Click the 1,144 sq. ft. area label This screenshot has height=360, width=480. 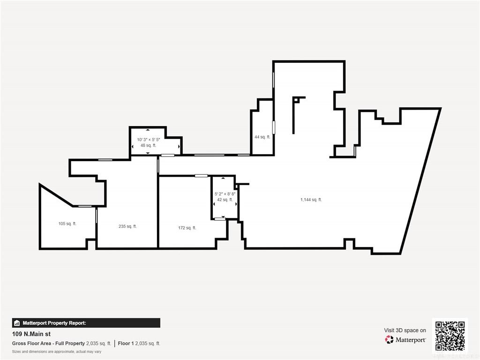tap(311, 200)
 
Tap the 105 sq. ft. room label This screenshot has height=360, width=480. tap(67, 224)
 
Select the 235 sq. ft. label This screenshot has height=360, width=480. tap(127, 226)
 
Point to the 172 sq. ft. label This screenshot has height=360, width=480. tap(187, 228)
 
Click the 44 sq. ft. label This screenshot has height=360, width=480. tap(262, 137)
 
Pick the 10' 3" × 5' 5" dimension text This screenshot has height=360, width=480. tap(149, 140)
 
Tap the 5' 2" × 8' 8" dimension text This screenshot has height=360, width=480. tap(225, 194)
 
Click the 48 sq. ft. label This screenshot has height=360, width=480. tap(149, 145)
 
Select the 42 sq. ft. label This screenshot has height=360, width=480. tap(225, 200)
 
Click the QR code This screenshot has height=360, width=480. tap(450, 336)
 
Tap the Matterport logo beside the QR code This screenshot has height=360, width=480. tap(405, 340)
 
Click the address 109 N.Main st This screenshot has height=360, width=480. tap(31, 334)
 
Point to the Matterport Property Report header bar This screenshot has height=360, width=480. tap(86, 323)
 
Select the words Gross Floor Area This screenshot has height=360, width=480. tap(31, 344)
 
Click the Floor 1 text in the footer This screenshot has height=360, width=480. tap(126, 344)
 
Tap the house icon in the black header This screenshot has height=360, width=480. tap(17, 323)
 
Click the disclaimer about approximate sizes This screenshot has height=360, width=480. tap(57, 352)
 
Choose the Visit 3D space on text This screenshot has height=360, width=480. tap(405, 330)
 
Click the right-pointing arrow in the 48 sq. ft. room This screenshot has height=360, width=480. tap(179, 147)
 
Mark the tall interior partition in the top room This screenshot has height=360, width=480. tap(293, 116)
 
